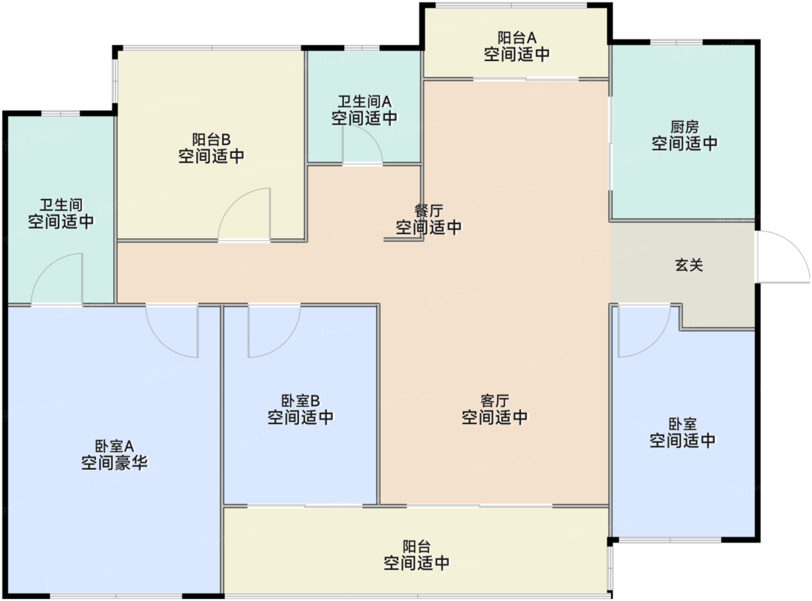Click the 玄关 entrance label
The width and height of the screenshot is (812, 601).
pyautogui.click(x=688, y=265)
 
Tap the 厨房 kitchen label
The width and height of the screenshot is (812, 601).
pyautogui.click(x=684, y=126)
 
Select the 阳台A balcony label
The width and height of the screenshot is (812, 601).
pyautogui.click(x=517, y=38)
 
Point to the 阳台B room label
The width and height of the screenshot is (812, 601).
pyautogui.click(x=211, y=140)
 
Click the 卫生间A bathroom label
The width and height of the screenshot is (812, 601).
pyautogui.click(x=364, y=102)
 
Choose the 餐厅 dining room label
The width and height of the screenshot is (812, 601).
pyautogui.click(x=429, y=211)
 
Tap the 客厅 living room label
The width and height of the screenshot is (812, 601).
pyautogui.click(x=495, y=401)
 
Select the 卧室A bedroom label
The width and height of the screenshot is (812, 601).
pyautogui.click(x=114, y=446)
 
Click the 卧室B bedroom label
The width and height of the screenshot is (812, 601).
pyautogui.click(x=300, y=401)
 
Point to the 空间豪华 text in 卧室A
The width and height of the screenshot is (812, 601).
pyautogui.click(x=114, y=463)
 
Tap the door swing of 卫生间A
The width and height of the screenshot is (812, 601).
pyautogui.click(x=361, y=145)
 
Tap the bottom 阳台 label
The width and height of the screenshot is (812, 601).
pyautogui.click(x=416, y=546)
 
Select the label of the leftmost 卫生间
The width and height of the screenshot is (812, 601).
pyautogui.click(x=61, y=205)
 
